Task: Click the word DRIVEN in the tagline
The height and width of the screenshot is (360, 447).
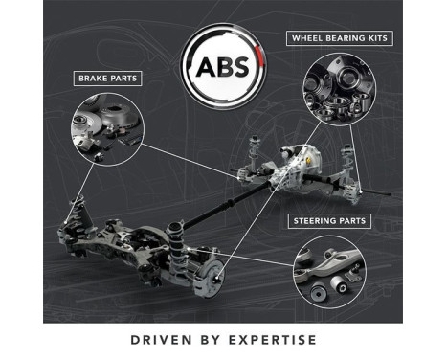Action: (159, 340)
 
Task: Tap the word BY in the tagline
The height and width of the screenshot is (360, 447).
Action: (206, 340)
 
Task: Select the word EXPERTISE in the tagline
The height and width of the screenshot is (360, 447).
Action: (269, 340)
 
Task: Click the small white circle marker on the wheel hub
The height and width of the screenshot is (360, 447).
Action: (219, 279)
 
